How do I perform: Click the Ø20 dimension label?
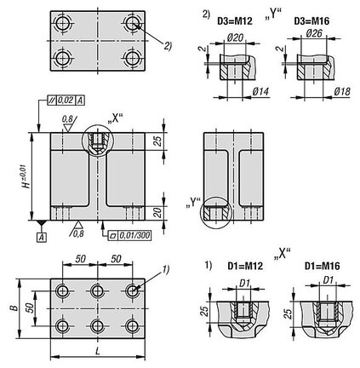click(235, 37)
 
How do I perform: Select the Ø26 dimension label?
click(314, 33)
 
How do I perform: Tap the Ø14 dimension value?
click(260, 91)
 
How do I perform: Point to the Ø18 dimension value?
click(341, 91)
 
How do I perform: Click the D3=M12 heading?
click(235, 21)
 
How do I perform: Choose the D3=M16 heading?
click(311, 21)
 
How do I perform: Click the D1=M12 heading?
click(245, 266)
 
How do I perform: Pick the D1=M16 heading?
click(322, 266)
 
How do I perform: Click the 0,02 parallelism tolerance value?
click(66, 101)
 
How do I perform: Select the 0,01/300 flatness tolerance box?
click(130, 235)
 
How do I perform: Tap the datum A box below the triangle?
click(42, 238)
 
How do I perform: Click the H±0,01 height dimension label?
click(26, 176)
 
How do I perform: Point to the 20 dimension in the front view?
click(158, 212)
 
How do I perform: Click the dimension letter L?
click(97, 352)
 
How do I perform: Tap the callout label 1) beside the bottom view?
click(165, 269)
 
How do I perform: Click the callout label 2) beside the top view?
click(168, 45)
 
